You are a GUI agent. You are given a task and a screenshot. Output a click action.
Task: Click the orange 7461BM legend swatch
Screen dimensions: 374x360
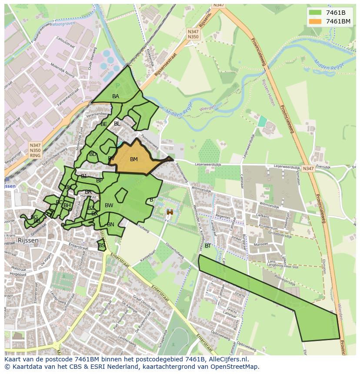pyautogui.click(x=316, y=21)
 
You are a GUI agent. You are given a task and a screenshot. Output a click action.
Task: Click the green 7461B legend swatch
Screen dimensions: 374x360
pyautogui.click(x=316, y=13)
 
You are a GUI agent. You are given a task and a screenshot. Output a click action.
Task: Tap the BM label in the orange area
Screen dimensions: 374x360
pyautogui.click(x=134, y=159)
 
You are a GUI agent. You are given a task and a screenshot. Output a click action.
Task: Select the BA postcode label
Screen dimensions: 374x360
pyautogui.click(x=116, y=96)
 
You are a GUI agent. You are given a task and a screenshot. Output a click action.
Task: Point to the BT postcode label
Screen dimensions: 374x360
pyautogui.click(x=208, y=246)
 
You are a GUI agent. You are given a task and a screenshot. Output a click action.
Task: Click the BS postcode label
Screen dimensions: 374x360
pyautogui.click(x=101, y=245)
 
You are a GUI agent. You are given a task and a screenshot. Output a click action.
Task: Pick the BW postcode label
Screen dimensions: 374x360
pyautogui.click(x=109, y=205)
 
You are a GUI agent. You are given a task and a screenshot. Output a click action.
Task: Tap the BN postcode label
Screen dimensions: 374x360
pyautogui.click(x=110, y=225)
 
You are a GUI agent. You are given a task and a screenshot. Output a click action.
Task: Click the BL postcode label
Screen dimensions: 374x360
pyautogui.click(x=117, y=124)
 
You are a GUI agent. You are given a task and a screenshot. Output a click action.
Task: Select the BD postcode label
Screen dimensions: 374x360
pyautogui.click(x=93, y=154)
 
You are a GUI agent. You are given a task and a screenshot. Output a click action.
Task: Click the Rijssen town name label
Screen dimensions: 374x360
pyautogui.click(x=28, y=240)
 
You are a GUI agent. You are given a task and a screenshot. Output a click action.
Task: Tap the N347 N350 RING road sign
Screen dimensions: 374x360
pyautogui.click(x=35, y=150)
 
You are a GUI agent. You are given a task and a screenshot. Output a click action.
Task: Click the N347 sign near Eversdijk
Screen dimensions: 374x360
pyautogui.click(x=308, y=169)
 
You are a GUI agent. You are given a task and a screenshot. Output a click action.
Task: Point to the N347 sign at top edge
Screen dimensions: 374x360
pyautogui.click(x=219, y=5)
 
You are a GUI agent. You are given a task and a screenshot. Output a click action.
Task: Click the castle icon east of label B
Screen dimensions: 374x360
pyautogui.click(x=170, y=212)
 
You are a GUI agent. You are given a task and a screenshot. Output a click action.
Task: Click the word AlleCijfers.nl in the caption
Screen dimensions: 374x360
pyautogui.click(x=227, y=359)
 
